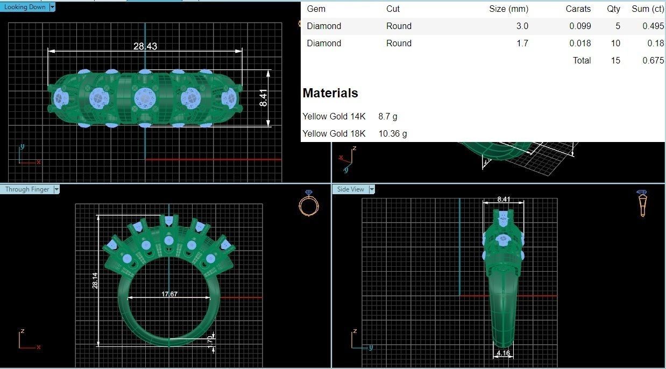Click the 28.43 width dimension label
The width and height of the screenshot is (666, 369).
point(145,46)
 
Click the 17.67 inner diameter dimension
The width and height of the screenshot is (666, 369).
point(169,294)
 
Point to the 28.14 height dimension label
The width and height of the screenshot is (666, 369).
point(95,280)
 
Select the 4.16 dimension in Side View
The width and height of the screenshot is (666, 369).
point(504,353)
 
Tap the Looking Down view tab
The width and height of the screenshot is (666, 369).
point(25,7)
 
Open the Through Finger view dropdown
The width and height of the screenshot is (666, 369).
point(56,189)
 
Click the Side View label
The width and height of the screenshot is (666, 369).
point(351,189)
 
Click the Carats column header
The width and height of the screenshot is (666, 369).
point(578,9)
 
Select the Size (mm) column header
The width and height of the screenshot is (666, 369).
point(508,9)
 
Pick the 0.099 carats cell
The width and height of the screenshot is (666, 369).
point(580,26)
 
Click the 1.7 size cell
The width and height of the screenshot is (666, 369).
point(522,43)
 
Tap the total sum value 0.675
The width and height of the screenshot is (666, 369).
point(653,60)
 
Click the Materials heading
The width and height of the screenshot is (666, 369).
point(330,93)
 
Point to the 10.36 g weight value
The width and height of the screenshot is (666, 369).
point(393,133)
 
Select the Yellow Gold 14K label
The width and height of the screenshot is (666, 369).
point(334,116)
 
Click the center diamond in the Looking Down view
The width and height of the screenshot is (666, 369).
point(145,98)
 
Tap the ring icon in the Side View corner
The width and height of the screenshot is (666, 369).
point(642,203)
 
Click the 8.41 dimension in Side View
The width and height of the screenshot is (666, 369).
point(504,199)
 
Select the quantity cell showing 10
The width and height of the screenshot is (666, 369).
point(615,43)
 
